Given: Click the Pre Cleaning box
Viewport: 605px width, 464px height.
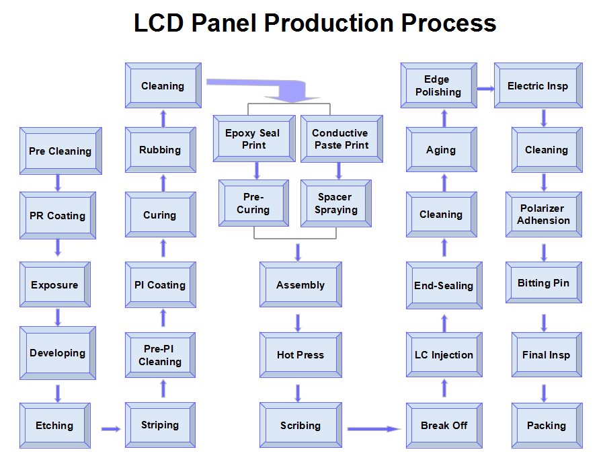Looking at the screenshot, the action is point(61,151).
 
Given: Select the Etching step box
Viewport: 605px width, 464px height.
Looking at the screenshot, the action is point(55,426).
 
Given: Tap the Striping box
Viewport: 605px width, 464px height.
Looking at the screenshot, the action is point(160,424).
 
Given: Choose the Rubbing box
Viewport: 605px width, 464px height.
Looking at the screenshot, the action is point(161,150).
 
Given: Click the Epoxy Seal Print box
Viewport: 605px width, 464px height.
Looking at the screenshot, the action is point(254,139).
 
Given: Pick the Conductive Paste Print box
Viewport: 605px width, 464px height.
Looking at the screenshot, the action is point(341,139).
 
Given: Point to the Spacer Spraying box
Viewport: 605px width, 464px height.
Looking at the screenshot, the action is point(335,203).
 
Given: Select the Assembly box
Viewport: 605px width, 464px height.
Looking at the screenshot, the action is point(300,284).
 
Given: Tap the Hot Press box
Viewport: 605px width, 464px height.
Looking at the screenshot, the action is point(300,355).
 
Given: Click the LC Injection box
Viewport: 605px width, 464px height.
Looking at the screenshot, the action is point(444,355).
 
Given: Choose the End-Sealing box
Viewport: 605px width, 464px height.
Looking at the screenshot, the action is point(444,285).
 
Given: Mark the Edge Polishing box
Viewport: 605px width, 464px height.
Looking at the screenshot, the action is point(439,85).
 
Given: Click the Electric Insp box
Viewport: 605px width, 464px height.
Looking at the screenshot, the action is point(538,85).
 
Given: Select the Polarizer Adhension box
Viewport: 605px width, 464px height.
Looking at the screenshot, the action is point(544,215).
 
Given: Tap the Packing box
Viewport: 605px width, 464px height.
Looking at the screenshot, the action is point(547,426).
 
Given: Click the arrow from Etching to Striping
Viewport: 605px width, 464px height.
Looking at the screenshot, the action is point(111,429).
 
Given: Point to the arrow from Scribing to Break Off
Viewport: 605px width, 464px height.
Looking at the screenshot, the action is point(374,429).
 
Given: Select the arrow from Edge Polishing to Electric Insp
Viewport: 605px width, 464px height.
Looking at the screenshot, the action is point(486,89).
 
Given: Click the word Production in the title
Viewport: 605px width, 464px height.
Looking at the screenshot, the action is point(329,23).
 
